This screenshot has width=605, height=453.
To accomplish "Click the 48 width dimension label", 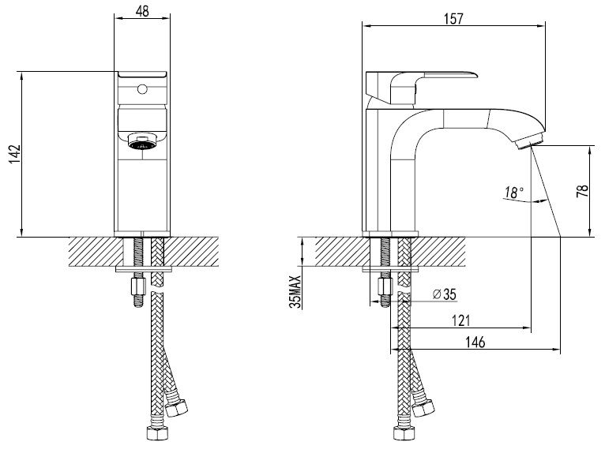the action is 142,11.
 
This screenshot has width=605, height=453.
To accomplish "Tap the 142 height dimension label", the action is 15,154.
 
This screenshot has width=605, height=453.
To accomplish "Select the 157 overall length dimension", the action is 453,18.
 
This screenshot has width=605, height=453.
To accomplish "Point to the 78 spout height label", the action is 583,191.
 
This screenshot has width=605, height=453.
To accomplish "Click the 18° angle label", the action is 515,192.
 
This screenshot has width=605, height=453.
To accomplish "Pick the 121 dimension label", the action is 460,320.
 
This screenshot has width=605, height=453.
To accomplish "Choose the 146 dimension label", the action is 475,342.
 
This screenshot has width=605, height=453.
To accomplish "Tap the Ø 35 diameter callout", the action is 444,294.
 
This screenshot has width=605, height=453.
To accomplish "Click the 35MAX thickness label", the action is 295,292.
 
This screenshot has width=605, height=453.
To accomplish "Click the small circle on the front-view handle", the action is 142,90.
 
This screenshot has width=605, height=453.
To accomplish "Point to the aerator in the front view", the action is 142,141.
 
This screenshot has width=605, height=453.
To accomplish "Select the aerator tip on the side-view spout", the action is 529,140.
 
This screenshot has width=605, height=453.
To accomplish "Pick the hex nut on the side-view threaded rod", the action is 385,286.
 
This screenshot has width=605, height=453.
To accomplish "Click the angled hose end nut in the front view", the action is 176,408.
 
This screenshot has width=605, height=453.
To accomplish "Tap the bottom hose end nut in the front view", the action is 156,433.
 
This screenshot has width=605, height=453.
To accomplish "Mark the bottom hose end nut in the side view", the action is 404,433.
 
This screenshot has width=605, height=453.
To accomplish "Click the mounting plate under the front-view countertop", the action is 144,269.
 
